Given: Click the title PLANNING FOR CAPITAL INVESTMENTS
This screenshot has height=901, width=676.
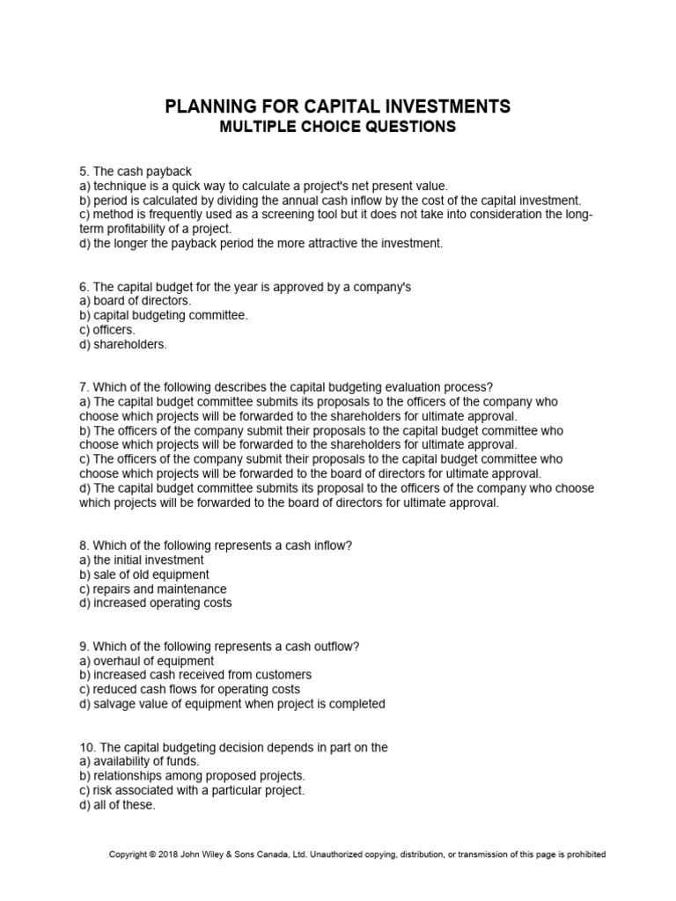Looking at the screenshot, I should tap(337, 106).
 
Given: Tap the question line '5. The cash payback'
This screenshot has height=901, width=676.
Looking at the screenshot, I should tap(136, 171).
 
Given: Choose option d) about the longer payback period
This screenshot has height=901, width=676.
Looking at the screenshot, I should tap(261, 243).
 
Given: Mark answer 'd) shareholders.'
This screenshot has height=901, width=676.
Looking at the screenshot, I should tap(123, 344).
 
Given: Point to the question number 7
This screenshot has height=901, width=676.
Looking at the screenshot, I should tap(84, 387).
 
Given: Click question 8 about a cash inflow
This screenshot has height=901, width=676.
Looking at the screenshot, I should tap(216, 546).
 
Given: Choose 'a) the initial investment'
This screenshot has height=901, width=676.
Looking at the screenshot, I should tap(142, 560).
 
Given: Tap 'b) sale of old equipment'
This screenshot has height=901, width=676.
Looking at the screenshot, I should tap(144, 575).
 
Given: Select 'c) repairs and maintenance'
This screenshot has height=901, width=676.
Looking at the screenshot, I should tap(152, 589).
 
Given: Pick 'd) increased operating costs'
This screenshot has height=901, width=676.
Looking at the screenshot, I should tap(156, 603).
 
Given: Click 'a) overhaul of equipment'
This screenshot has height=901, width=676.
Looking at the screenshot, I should tap(147, 661).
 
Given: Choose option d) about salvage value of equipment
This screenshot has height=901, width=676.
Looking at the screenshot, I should tap(232, 704).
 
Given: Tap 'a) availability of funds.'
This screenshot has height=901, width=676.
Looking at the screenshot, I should tap(139, 761).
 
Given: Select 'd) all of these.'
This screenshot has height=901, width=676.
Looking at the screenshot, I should tap(117, 804).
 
